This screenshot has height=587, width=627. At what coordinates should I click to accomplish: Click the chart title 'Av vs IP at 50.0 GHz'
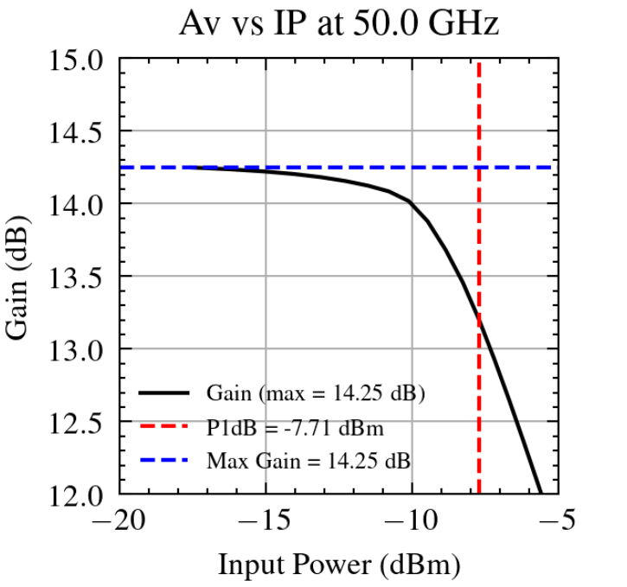click(x=339, y=24)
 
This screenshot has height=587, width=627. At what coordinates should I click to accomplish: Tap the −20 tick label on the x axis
click(x=118, y=522)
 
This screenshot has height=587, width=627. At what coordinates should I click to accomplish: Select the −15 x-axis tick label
click(x=266, y=522)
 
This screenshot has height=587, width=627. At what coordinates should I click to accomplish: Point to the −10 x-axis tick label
click(x=412, y=522)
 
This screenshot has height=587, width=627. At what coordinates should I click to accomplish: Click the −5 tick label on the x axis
click(x=558, y=522)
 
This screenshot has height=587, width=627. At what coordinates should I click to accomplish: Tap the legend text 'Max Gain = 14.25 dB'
click(x=308, y=461)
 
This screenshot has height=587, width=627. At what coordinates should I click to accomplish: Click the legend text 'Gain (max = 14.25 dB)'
click(x=316, y=393)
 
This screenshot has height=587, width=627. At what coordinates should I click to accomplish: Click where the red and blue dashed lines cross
click(x=478, y=167)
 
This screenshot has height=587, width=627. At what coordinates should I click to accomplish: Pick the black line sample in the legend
click(x=164, y=393)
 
